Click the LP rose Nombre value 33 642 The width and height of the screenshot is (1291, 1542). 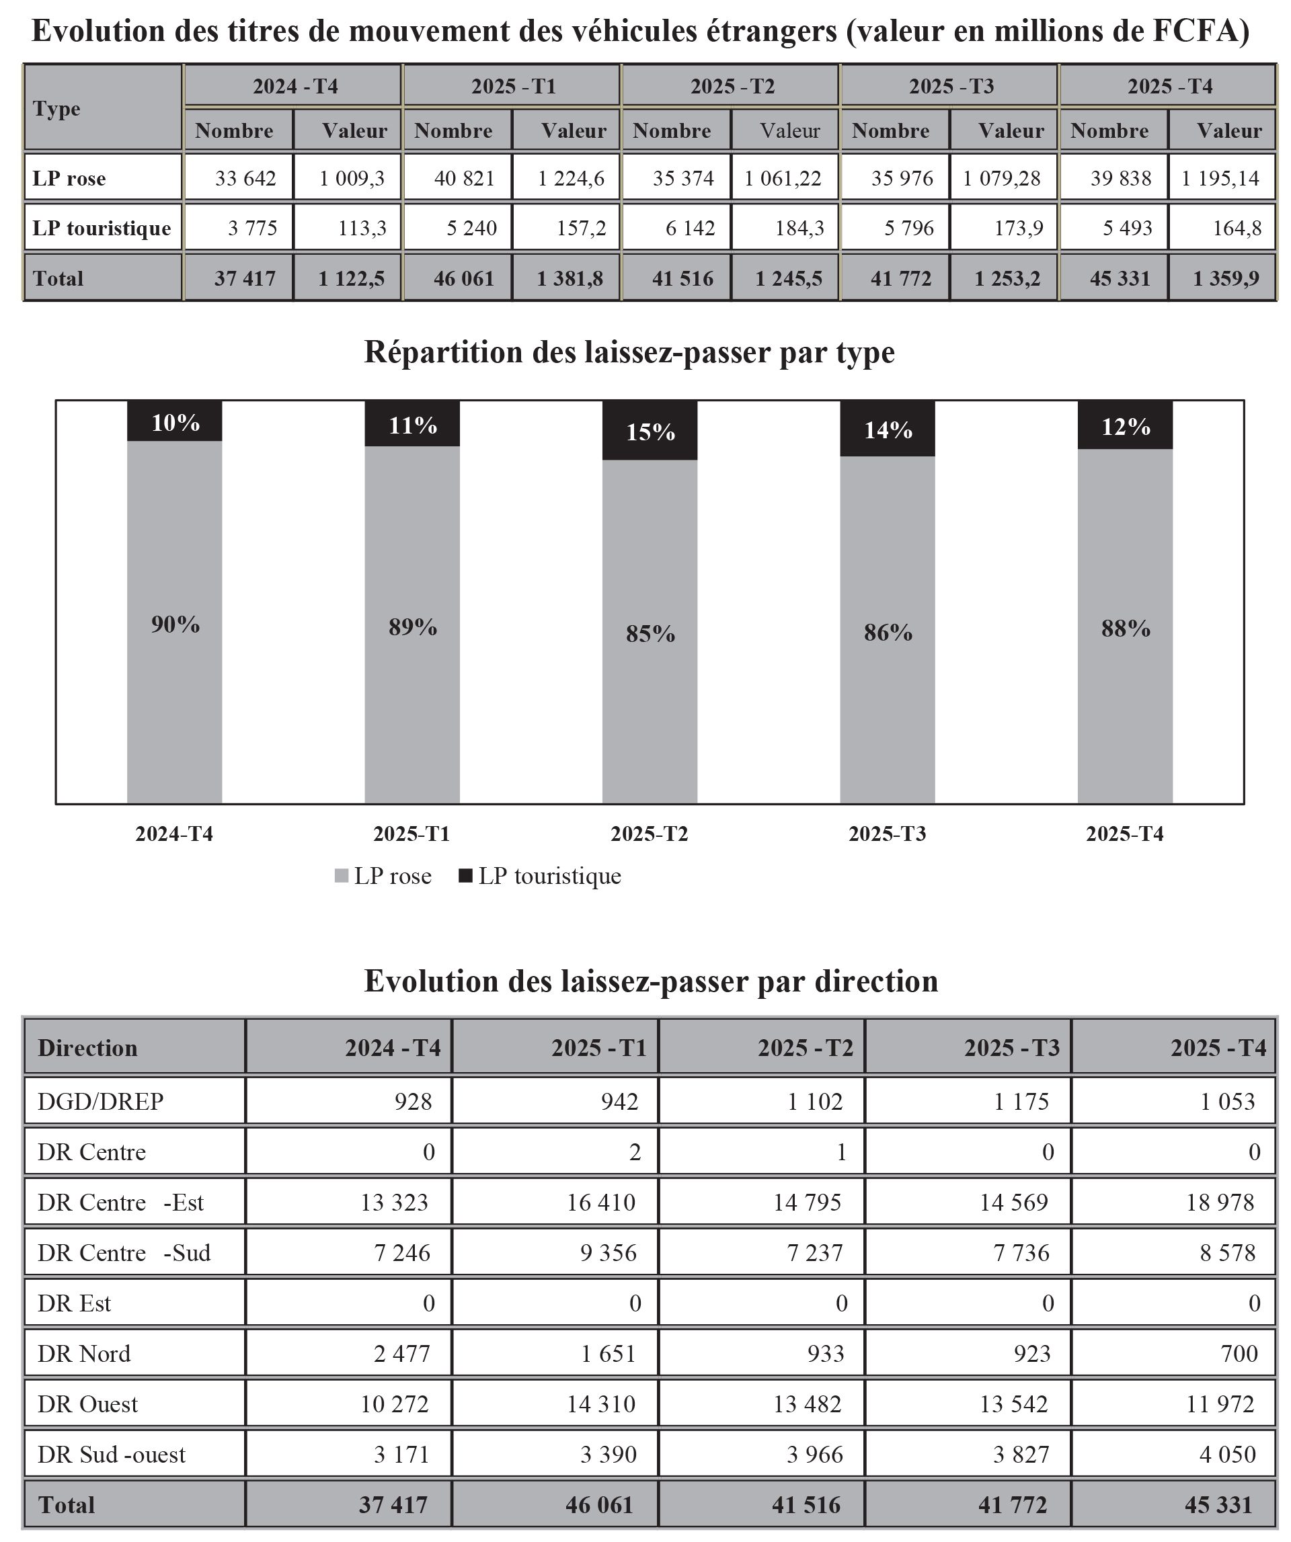pyautogui.click(x=245, y=178)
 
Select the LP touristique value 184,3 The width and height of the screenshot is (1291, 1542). pyautogui.click(x=799, y=229)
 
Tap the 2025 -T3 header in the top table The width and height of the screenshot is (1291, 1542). pyautogui.click(x=951, y=87)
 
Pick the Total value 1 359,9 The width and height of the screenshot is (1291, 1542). pyautogui.click(x=1225, y=278)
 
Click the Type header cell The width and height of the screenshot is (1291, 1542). pyautogui.click(x=56, y=109)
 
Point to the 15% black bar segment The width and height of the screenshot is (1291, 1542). pyautogui.click(x=650, y=431)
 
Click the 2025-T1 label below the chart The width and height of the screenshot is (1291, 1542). pyautogui.click(x=412, y=834)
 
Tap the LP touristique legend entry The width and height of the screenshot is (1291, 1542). pyautogui.click(x=541, y=876)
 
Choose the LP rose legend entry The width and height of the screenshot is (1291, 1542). pyautogui.click(x=383, y=876)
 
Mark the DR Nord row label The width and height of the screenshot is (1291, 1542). pyautogui.click(x=85, y=1353)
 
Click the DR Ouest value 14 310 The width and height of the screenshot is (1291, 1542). pyautogui.click(x=600, y=1404)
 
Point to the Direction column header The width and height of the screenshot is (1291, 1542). pyautogui.click(x=87, y=1048)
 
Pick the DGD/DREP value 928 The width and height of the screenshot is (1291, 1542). pyautogui.click(x=414, y=1102)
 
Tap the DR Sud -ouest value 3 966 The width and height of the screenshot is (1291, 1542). pyautogui.click(x=814, y=1454)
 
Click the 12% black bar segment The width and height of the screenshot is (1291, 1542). pyautogui.click(x=1125, y=426)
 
